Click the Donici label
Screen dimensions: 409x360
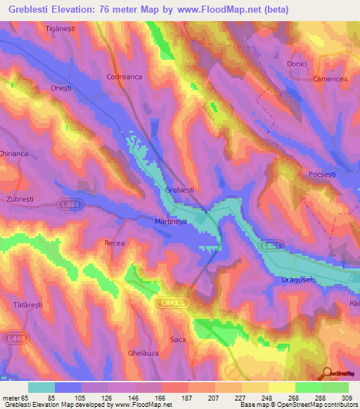298,63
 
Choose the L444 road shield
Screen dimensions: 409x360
67,204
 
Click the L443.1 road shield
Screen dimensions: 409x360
172,301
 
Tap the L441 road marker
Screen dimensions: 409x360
271,246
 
